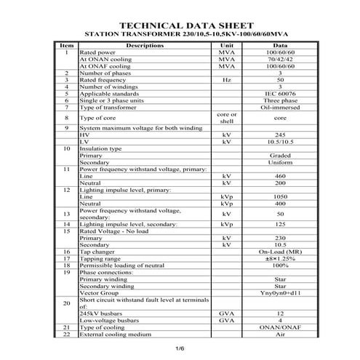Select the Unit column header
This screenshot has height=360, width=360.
tap(226, 45)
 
